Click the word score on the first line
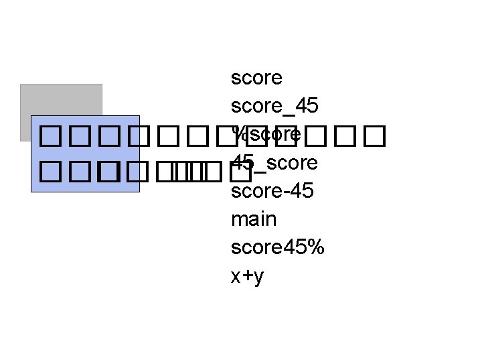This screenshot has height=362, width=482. pyautogui.click(x=256, y=78)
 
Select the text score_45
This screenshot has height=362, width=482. pyautogui.click(x=274, y=107)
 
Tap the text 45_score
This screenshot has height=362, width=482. pyautogui.click(x=274, y=163)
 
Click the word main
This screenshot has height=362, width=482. pyautogui.click(x=254, y=219)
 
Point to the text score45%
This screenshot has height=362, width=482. pyautogui.click(x=278, y=247)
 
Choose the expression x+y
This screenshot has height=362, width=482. pyautogui.click(x=248, y=276)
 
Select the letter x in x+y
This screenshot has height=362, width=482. pyautogui.click(x=236, y=276)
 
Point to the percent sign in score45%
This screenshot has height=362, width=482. pyautogui.click(x=317, y=247)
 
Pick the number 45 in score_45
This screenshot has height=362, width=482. pyautogui.click(x=306, y=107)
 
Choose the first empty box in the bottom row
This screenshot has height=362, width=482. pyautogui.click(x=49, y=173)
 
